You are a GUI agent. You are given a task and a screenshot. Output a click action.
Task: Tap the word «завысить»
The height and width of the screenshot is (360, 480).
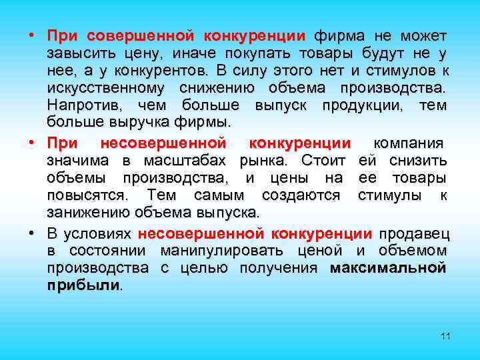coord(79,52)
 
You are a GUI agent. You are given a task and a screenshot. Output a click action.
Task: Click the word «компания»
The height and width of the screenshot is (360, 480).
coord(410,143)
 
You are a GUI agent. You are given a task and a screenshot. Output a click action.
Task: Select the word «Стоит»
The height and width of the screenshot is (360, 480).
coord(323,160)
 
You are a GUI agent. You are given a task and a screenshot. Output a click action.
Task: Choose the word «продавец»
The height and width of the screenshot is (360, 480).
coord(413,233)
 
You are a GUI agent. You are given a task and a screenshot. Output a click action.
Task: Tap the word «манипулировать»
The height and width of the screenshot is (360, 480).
coord(242,251)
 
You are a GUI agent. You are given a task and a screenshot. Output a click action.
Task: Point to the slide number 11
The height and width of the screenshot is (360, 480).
coord(446,336)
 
